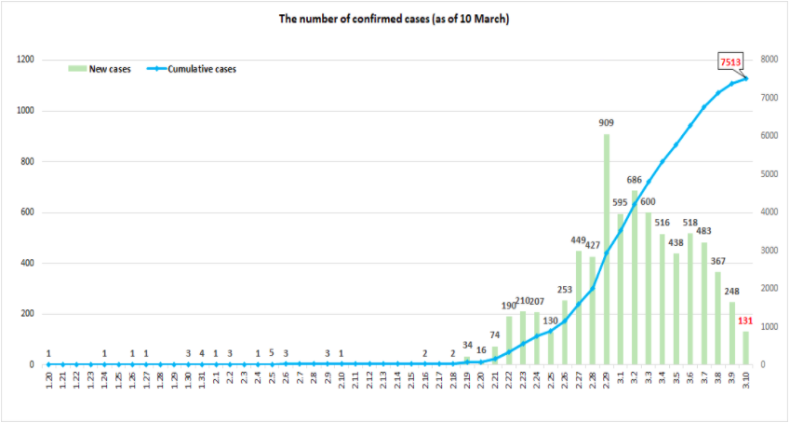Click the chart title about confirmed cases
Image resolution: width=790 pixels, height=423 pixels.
[x=394, y=19]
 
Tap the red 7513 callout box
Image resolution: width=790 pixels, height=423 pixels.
[x=730, y=61]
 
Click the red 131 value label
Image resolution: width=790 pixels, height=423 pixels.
[x=745, y=321]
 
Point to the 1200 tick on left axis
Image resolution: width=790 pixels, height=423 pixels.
[x=25, y=60]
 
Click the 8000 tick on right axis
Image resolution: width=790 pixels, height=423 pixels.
[x=769, y=60]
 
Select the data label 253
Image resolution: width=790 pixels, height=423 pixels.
[x=565, y=290]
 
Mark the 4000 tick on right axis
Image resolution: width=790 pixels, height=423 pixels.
[x=769, y=212]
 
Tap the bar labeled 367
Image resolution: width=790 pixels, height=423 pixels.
[x=717, y=318]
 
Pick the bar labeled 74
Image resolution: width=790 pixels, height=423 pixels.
[x=495, y=355]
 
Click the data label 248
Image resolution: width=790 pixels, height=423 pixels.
[x=731, y=291]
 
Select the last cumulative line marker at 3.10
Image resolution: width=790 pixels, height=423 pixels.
[x=745, y=77]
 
